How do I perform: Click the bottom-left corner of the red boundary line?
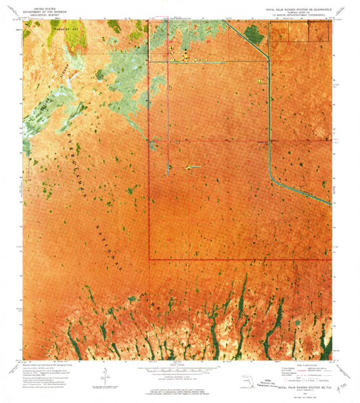(150, 259)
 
